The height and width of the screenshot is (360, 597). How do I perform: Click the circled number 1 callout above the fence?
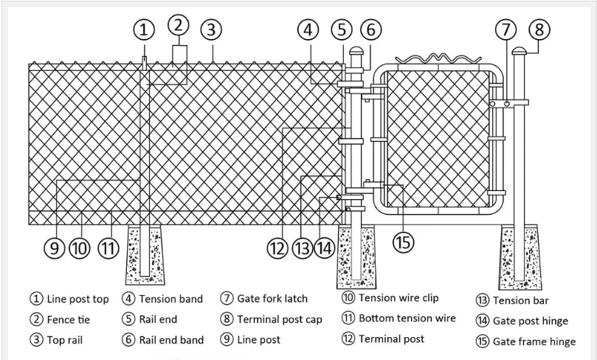pos(144,30)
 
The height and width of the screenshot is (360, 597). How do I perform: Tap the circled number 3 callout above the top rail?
pos(211,30)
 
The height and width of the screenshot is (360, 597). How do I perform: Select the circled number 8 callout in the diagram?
pos(539,30)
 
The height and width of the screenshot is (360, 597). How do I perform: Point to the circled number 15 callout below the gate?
pos(403,242)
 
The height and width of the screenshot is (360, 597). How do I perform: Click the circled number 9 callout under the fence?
pos(55,248)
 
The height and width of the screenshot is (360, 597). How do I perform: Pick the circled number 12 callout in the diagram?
pos(277,248)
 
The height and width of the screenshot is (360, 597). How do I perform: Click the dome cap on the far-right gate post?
pos(519,51)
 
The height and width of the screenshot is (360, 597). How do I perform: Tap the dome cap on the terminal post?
pos(356,51)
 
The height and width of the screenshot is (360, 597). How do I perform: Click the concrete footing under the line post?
pos(145,255)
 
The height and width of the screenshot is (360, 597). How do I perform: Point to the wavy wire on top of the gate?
pos(438,59)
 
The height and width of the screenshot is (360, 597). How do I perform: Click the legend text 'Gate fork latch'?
pos(272,299)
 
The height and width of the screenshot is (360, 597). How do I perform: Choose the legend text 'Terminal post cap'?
pos(280,319)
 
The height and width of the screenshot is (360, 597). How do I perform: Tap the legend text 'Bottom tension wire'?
pos(407,318)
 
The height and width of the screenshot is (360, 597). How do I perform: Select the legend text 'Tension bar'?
pos(520,301)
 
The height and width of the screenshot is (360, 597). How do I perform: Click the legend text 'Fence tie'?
pos(69,319)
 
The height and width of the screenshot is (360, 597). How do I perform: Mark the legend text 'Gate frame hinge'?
pos(534,342)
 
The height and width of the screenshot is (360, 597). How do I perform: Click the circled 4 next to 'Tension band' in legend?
pos(128,299)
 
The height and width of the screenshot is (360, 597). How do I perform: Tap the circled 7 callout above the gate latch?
pos(506,30)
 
